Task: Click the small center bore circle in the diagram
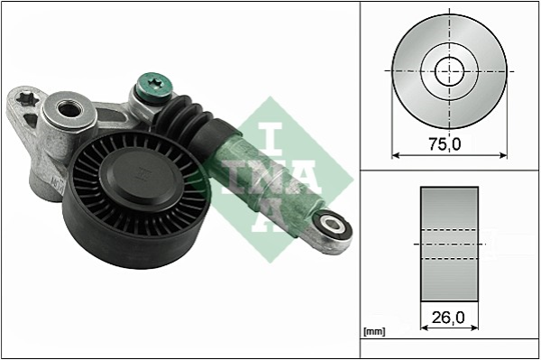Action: point(449,70)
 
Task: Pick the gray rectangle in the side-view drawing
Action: point(449,245)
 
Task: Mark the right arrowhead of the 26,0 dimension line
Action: point(475,317)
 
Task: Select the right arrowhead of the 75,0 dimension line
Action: point(503,154)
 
